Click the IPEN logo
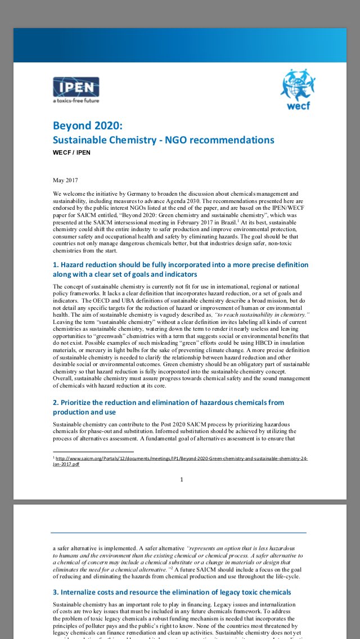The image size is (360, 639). (76, 87)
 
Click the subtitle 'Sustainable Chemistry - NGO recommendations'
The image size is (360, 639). (163, 139)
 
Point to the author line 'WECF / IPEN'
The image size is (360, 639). (71, 152)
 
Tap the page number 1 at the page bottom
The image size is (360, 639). (182, 479)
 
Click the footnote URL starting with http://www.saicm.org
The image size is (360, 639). (180, 461)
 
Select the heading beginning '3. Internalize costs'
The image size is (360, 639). (172, 592)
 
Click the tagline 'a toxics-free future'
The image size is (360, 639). (75, 101)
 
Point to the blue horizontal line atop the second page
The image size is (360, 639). (179, 532)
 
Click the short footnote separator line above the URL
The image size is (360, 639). (93, 452)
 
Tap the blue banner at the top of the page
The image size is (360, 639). (180, 44)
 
